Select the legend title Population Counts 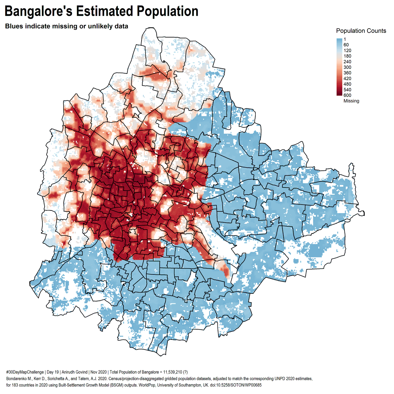pyautogui.click(x=361, y=31)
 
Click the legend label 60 pyautogui.click(x=346, y=45)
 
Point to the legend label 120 pyautogui.click(x=347, y=51)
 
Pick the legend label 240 pyautogui.click(x=347, y=62)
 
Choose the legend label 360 pyautogui.click(x=347, y=73)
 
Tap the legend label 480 pyautogui.click(x=347, y=84)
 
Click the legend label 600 pyautogui.click(x=347, y=95)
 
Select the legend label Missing pyautogui.click(x=351, y=101)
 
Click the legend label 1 pyautogui.click(x=345, y=39)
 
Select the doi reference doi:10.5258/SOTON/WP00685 pyautogui.click(x=236, y=384)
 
